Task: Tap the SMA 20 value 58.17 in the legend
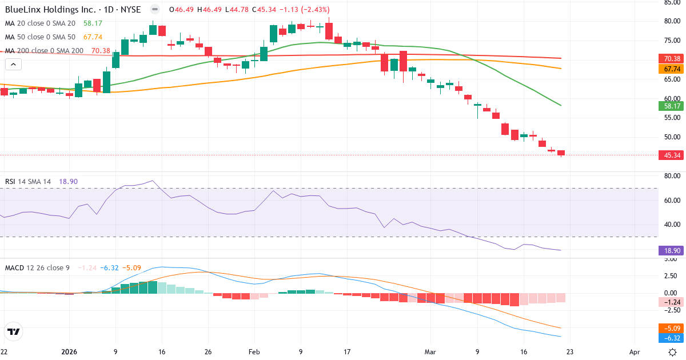pyautogui.click(x=93, y=23)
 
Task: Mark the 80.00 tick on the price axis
pyautogui.click(x=671, y=21)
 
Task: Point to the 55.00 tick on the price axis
pyautogui.click(x=671, y=118)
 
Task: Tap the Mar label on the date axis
pyautogui.click(x=430, y=352)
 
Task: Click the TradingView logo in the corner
pyautogui.click(x=14, y=331)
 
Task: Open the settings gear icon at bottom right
pyautogui.click(x=673, y=352)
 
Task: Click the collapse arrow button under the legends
pyautogui.click(x=13, y=65)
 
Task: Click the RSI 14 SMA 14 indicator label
pyautogui.click(x=28, y=182)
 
